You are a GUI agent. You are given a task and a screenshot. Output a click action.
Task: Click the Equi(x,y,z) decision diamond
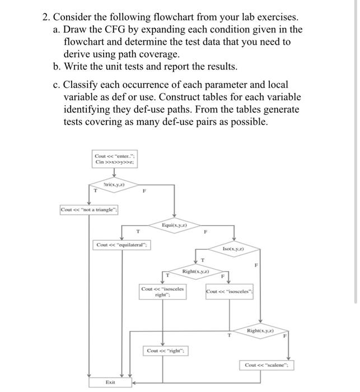pos(174,225)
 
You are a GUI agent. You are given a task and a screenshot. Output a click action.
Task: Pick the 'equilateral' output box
pos(121,245)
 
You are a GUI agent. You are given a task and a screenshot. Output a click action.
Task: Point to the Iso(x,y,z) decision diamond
pos(233,249)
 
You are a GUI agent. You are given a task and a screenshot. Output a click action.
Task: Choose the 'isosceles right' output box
pos(163,292)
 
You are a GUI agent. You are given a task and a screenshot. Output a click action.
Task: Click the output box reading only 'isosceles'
pos(230,292)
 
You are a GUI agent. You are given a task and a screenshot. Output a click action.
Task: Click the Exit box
pos(110,382)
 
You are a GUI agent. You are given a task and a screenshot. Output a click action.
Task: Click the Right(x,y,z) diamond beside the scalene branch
pos(260,332)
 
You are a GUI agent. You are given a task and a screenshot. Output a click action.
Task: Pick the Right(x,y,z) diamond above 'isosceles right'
pos(195,272)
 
